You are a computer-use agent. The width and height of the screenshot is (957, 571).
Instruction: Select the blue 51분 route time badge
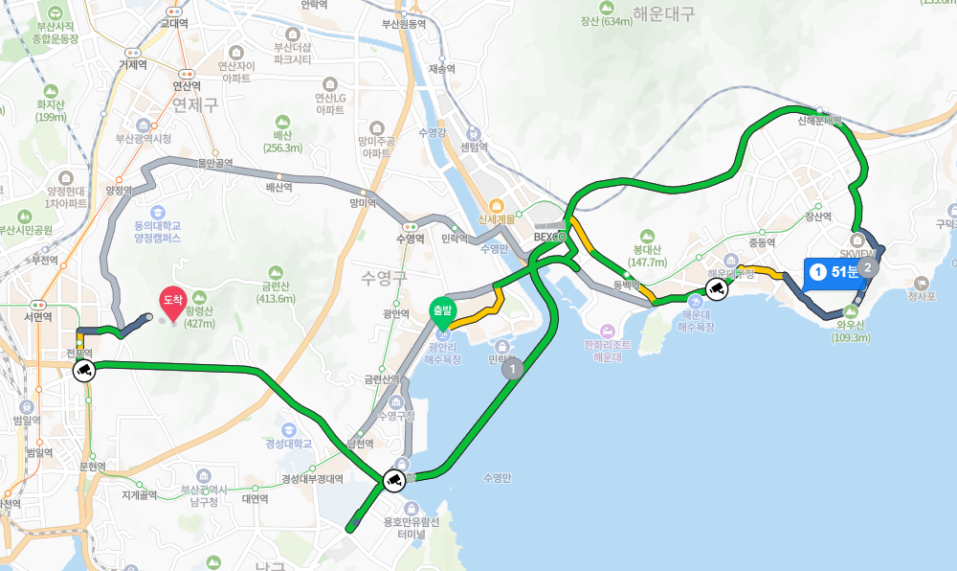tap(835, 272)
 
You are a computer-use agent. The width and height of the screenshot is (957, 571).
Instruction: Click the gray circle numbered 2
tap(867, 267)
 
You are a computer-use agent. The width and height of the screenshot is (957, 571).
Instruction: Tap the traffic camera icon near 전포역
tap(83, 370)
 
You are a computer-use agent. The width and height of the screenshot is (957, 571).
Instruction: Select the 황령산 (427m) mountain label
tap(199, 316)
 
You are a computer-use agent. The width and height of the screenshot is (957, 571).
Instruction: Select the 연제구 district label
tap(196, 104)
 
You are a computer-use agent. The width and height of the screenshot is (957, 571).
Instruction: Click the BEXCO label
tap(550, 236)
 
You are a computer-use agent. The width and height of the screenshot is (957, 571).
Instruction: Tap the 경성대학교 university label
tap(289, 444)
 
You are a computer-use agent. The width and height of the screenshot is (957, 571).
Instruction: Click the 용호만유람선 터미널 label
tap(411, 528)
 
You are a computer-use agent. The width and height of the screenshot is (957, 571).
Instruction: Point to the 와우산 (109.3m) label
tap(851, 331)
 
